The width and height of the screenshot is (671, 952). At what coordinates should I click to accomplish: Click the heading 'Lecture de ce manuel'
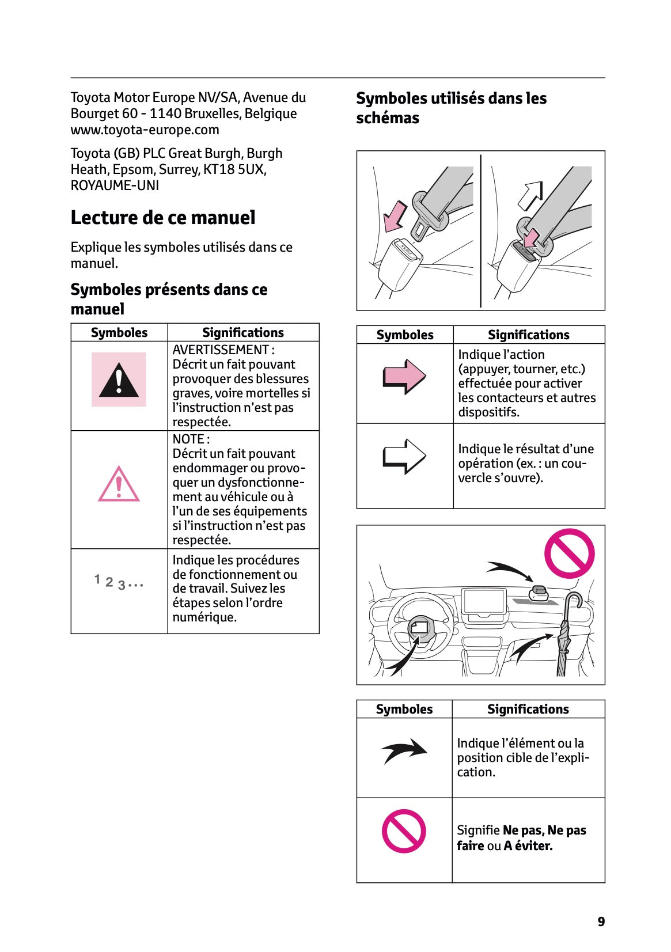(163, 218)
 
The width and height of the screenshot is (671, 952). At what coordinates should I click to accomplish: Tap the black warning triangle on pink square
(119, 380)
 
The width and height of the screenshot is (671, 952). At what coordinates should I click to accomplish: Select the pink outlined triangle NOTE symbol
(119, 485)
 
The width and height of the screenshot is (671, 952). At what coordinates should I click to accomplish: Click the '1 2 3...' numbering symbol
(119, 582)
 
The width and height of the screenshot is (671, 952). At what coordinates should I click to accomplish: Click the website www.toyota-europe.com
(145, 130)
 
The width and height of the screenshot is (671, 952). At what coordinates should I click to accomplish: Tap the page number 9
(601, 921)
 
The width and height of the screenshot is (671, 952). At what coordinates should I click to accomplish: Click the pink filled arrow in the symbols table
(404, 377)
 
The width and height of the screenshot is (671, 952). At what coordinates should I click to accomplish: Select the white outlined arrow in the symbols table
(404, 457)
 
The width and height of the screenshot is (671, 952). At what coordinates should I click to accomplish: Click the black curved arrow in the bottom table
(404, 750)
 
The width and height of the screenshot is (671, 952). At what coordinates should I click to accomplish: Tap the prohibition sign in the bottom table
(404, 831)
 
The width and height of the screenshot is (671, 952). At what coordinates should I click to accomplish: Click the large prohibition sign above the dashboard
(570, 553)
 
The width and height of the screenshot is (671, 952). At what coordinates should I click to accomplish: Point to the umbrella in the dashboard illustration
(565, 639)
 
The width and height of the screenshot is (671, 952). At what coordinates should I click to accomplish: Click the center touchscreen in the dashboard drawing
(484, 602)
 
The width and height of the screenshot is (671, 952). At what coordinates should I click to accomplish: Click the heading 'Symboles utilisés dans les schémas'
(451, 108)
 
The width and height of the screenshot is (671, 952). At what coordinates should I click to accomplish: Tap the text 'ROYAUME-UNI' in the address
(115, 185)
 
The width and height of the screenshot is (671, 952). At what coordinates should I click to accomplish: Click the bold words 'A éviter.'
(528, 845)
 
